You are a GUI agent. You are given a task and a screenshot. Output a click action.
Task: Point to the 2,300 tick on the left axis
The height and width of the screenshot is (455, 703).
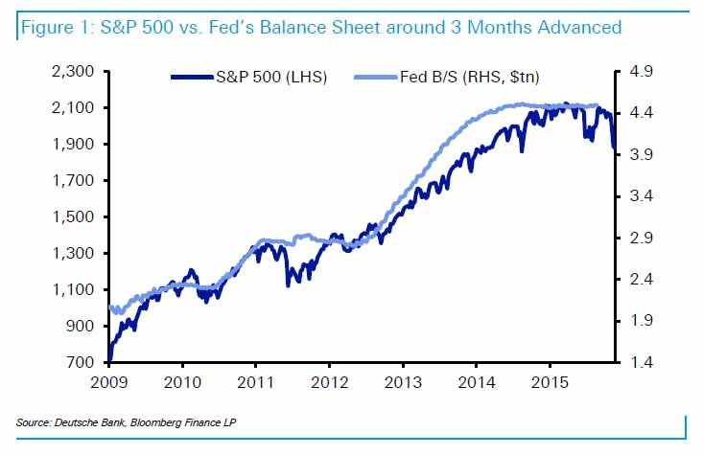click(73, 72)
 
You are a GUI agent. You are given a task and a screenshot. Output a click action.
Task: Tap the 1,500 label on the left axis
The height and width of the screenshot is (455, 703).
click(73, 217)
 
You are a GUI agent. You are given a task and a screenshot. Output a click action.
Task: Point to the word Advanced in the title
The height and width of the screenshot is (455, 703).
click(574, 26)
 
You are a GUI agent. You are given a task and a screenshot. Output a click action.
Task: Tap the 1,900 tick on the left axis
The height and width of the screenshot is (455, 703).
click(73, 145)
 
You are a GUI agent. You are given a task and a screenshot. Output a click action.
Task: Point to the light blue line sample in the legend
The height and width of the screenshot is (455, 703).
click(377, 77)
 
